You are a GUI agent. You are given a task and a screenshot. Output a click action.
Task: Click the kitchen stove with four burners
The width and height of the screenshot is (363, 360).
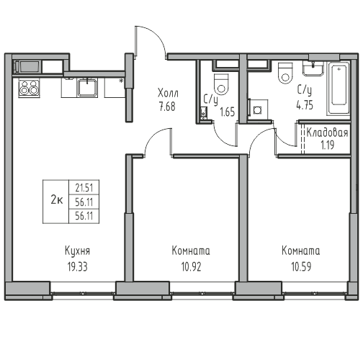tap(29, 89)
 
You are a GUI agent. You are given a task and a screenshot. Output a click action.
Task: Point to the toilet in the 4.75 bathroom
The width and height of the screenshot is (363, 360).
tap(284, 73)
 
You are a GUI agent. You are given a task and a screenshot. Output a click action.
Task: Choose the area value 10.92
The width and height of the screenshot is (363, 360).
tap(190, 265)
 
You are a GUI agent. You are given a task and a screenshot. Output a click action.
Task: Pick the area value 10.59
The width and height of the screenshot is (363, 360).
tap(301, 265)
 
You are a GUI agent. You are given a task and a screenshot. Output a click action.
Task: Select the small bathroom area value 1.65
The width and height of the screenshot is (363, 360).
tap(227, 112)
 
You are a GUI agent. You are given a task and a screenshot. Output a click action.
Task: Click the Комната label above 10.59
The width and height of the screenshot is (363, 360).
tap(301, 251)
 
